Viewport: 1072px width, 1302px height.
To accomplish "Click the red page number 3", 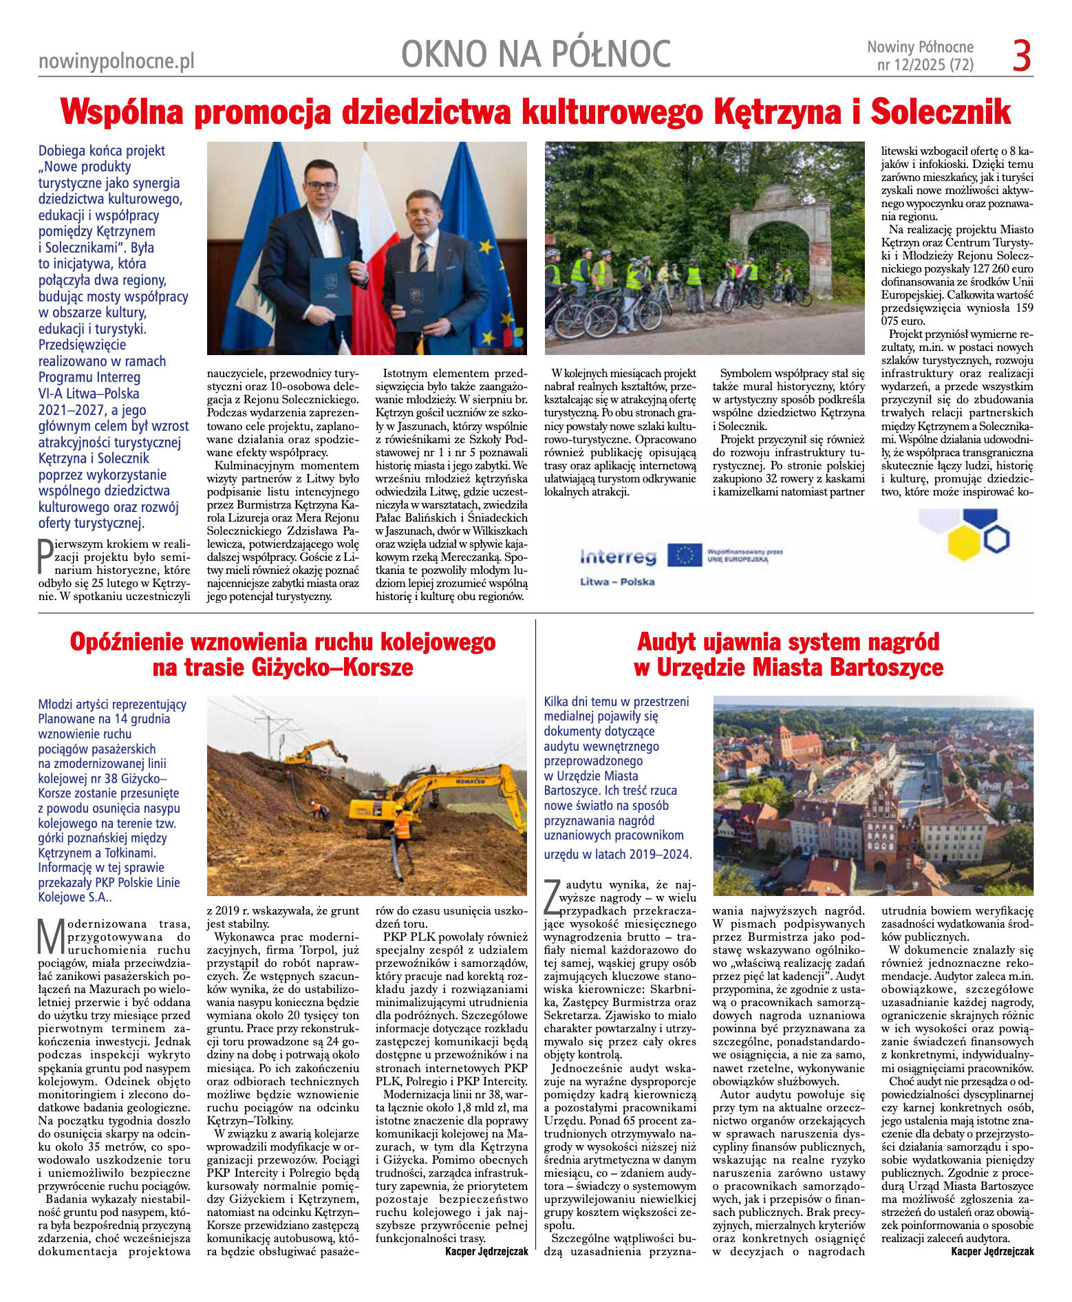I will pyautogui.click(x=1022, y=56).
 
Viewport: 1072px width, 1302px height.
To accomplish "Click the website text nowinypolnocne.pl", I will pyautogui.click(x=116, y=61).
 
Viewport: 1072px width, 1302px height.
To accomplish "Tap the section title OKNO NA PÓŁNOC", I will pyautogui.click(x=535, y=54).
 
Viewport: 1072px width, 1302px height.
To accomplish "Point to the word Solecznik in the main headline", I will pyautogui.click(x=941, y=111).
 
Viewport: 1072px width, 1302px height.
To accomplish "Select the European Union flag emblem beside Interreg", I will pyautogui.click(x=685, y=555).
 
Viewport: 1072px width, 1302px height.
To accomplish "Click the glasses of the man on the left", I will pyautogui.click(x=321, y=186).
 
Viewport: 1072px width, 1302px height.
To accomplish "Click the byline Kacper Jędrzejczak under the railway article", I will pyautogui.click(x=486, y=1251).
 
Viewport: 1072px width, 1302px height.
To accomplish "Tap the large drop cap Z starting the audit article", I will pyautogui.click(x=551, y=897).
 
